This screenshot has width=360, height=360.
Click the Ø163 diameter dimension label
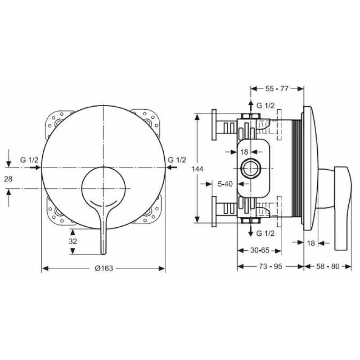pyautogui.click(x=104, y=268)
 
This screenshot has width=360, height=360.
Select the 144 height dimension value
pyautogui.click(x=198, y=169)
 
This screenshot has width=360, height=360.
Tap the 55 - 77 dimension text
pyautogui.click(x=277, y=89)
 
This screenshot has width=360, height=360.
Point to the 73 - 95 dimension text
pyautogui.click(x=270, y=266)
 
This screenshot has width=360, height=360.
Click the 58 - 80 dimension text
pyautogui.click(x=328, y=266)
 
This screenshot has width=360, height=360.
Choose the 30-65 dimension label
pyautogui.click(x=260, y=250)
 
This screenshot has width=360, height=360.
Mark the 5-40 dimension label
pyautogui.click(x=225, y=184)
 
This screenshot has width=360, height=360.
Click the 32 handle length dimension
pyautogui.click(x=73, y=241)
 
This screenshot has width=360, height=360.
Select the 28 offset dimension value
pyautogui.click(x=8, y=179)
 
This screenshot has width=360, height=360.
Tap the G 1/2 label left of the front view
pyautogui.click(x=29, y=160)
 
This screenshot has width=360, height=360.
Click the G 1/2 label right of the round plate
pyautogui.click(x=177, y=160)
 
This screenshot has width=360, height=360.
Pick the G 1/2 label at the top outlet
pyautogui.click(x=265, y=106)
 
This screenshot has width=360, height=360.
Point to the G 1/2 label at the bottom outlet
pyautogui.click(x=265, y=234)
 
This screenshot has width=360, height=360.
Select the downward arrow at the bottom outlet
pyautogui.click(x=251, y=230)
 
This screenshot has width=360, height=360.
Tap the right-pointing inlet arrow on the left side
pyautogui.click(x=36, y=167)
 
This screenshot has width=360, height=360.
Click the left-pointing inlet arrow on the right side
pyautogui.click(x=172, y=167)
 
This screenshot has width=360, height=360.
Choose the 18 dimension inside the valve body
pyautogui.click(x=244, y=152)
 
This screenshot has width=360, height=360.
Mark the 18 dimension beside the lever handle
pyautogui.click(x=311, y=243)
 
